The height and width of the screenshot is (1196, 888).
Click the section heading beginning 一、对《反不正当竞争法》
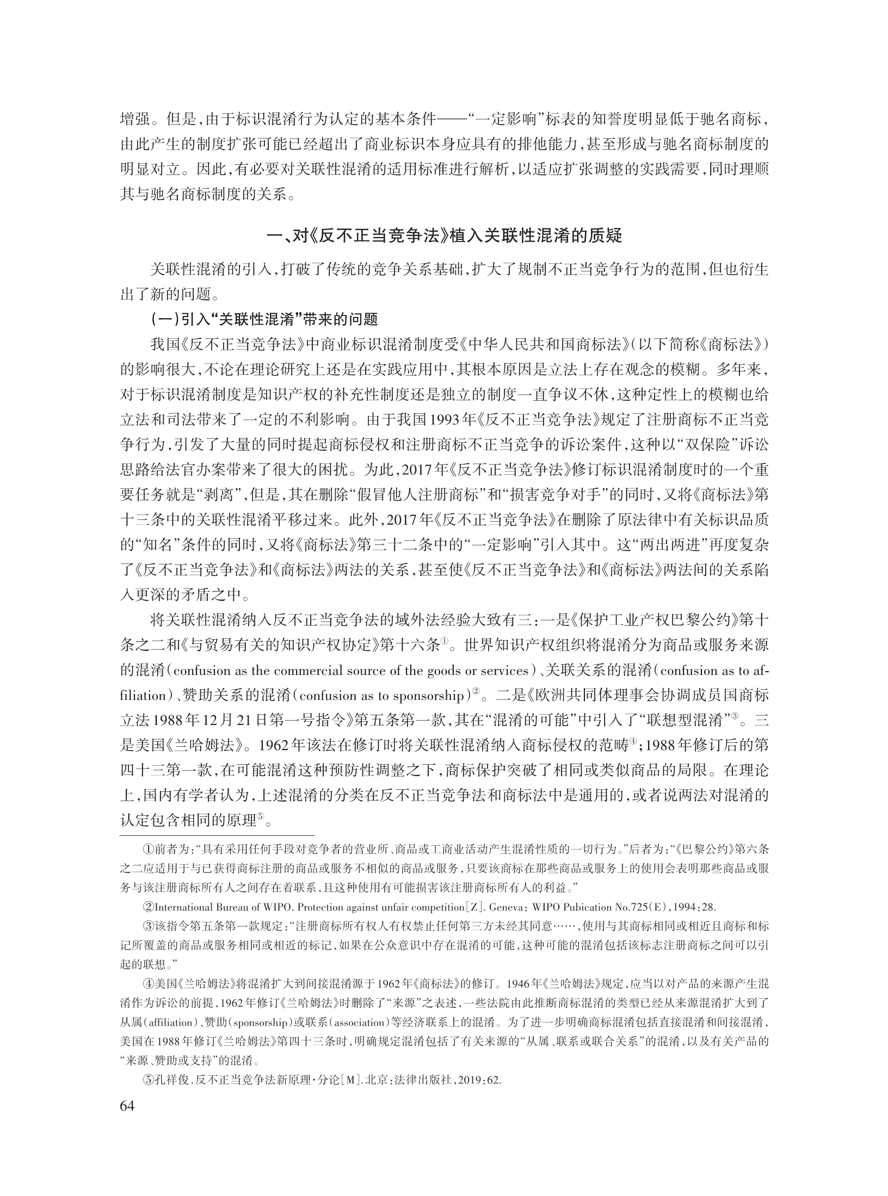(443, 237)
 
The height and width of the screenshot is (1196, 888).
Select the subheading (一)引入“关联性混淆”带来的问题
(263, 319)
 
